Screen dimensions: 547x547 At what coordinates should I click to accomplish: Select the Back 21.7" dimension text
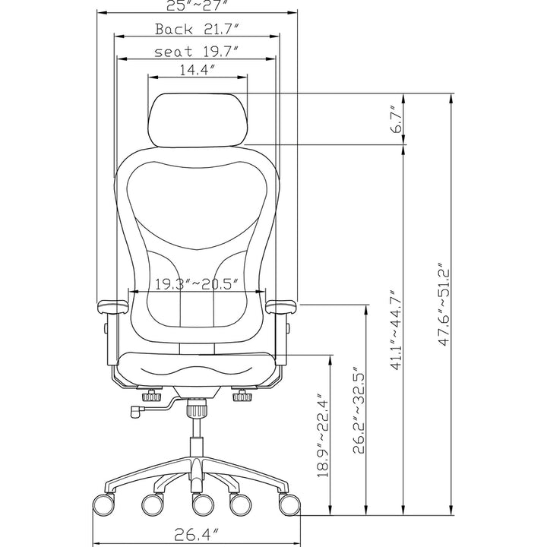click(198, 30)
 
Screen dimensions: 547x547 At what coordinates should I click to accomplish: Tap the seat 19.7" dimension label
click(197, 52)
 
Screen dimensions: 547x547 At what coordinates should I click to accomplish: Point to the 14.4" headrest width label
click(197, 71)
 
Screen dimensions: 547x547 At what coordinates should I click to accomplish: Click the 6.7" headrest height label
click(396, 119)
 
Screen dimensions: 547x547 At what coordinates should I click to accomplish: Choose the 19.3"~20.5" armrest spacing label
click(197, 284)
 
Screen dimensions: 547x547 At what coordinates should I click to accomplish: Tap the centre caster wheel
click(200, 503)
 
